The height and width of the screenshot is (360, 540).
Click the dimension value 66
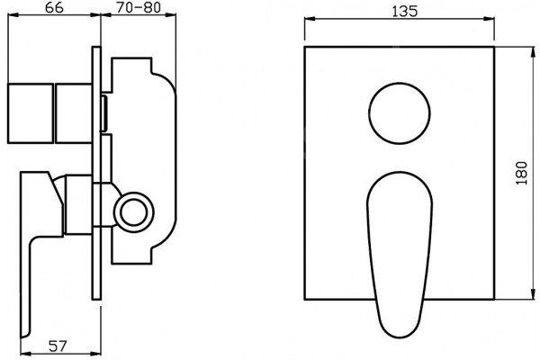54,7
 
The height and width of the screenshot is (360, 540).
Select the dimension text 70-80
139,7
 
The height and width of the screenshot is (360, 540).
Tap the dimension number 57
58,346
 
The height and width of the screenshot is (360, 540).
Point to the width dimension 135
405,12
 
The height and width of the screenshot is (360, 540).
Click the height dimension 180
522,173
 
